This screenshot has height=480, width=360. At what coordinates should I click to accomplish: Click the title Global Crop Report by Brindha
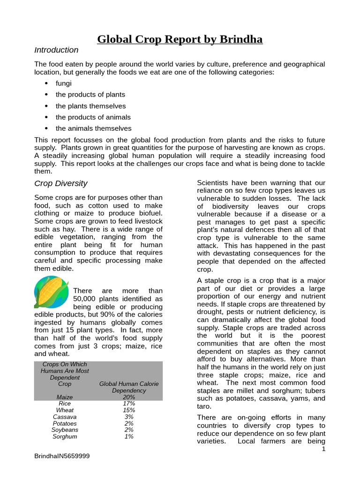click(180, 39)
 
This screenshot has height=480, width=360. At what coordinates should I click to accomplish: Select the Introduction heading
click(56, 50)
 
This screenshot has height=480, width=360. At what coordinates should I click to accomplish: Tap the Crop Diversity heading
click(60, 183)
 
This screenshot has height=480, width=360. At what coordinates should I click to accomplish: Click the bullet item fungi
click(64, 83)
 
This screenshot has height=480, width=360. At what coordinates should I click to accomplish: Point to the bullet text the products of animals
click(93, 117)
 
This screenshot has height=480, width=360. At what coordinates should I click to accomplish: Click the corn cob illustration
click(52, 292)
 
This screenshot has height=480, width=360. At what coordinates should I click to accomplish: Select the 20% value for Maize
click(129, 397)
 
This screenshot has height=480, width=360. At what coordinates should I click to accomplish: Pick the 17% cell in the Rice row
click(129, 404)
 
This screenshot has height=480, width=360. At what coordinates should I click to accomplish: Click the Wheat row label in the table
click(65, 410)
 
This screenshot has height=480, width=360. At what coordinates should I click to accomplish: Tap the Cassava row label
click(65, 417)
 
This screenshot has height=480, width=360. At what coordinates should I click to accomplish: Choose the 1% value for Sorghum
click(129, 436)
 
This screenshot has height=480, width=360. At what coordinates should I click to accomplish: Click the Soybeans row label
click(65, 430)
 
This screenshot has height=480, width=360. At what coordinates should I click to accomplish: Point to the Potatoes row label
click(65, 423)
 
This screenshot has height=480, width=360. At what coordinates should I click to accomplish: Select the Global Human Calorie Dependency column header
click(129, 387)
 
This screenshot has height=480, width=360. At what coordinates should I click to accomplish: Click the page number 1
click(323, 450)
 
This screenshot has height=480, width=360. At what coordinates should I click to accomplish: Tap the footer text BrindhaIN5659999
click(62, 456)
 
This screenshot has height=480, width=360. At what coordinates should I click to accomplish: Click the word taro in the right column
click(203, 406)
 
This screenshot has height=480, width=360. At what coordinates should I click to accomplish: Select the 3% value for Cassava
click(129, 417)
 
